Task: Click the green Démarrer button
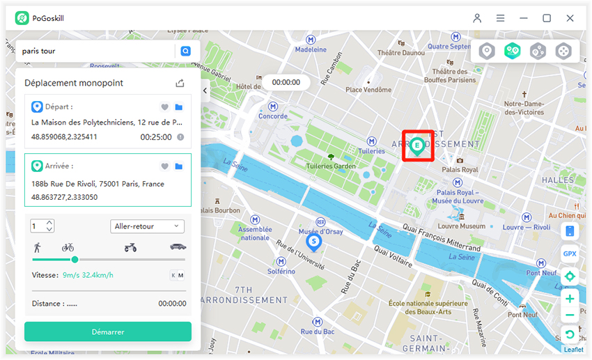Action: [x=108, y=331]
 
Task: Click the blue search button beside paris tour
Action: [x=185, y=51]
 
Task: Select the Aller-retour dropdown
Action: [x=147, y=226]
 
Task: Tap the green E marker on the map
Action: [x=417, y=146]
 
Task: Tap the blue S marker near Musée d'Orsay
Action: [x=314, y=242]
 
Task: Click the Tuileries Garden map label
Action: [x=331, y=166]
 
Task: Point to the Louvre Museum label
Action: [x=462, y=226]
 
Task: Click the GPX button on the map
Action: [x=570, y=254]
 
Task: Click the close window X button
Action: [x=570, y=18]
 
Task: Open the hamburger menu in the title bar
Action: [x=501, y=18]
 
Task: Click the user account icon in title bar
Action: [x=477, y=18]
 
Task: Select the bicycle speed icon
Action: [x=68, y=246]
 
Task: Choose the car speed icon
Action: [x=178, y=246]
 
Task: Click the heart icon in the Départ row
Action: [x=165, y=107]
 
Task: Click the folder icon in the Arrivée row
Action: [x=179, y=166]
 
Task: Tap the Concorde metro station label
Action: [x=273, y=116]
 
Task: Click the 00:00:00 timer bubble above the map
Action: [x=286, y=82]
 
